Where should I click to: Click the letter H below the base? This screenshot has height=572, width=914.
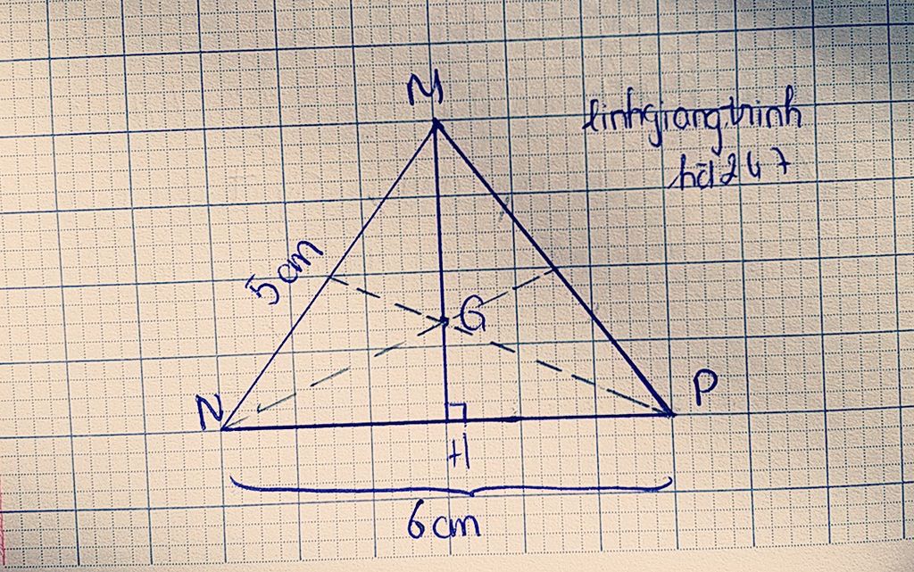[x=461, y=456]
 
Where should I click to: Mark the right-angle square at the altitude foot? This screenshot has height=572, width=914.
[x=455, y=411]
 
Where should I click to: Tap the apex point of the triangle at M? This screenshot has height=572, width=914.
[x=436, y=123]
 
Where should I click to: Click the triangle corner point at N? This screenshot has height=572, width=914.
[x=222, y=428]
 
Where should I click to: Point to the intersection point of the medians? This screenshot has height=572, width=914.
[x=444, y=321]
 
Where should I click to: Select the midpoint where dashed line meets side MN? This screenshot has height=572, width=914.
[x=328, y=276]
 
